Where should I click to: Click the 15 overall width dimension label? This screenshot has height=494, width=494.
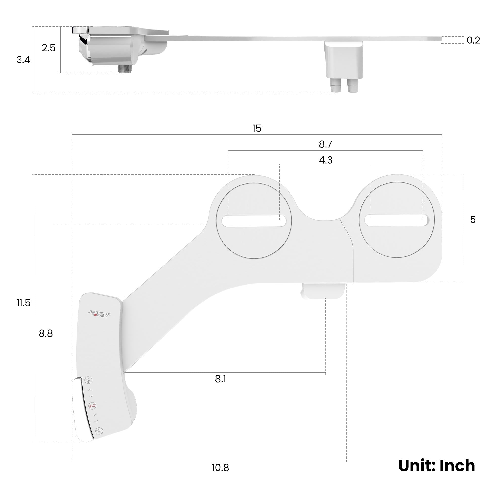(x=257, y=128)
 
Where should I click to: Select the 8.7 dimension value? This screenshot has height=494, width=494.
(x=325, y=144)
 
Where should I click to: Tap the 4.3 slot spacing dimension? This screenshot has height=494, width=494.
(x=326, y=160)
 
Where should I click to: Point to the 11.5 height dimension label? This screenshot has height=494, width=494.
(x=23, y=303)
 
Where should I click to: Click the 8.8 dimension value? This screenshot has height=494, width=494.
(x=46, y=334)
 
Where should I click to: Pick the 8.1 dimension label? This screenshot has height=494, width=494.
(x=220, y=379)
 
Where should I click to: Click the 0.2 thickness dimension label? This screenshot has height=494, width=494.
(x=473, y=41)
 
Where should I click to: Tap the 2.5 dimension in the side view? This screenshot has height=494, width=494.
(x=49, y=48)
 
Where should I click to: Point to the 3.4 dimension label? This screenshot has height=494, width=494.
(x=23, y=60)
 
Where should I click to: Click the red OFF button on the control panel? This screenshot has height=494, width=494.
(x=92, y=406)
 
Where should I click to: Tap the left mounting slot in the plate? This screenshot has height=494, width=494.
(x=254, y=221)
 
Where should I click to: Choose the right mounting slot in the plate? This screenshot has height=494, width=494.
(x=397, y=221)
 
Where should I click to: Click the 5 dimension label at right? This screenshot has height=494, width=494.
(x=473, y=219)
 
